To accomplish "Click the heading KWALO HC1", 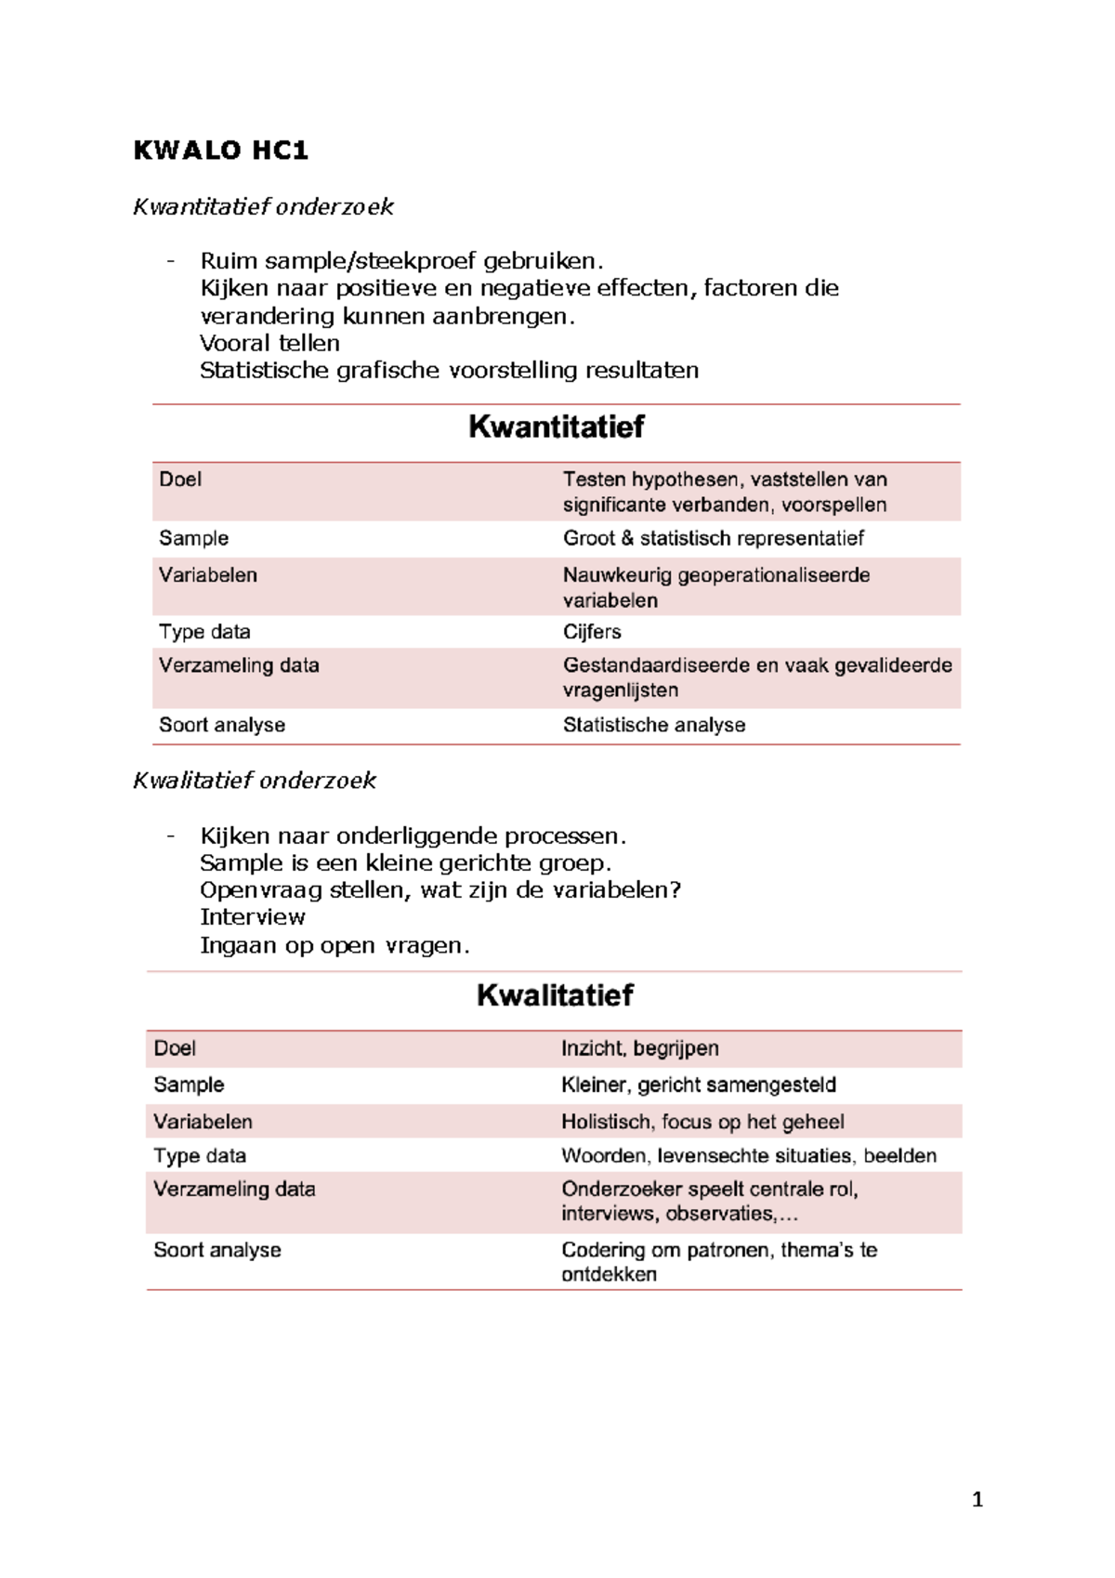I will (x=220, y=151).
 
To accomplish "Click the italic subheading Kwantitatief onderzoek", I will (x=263, y=206).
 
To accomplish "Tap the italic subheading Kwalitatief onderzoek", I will (x=255, y=780).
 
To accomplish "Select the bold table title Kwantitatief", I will (x=556, y=427).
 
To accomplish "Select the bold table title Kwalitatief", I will (x=555, y=995).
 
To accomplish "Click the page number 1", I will (x=977, y=1499).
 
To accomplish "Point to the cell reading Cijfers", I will (x=592, y=632).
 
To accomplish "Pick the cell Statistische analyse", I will (x=653, y=725).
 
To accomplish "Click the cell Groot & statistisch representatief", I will (x=713, y=538).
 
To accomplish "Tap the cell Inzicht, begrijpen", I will (x=639, y=1048).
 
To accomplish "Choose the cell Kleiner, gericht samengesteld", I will (x=698, y=1085).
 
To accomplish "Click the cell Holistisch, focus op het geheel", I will (x=702, y=1122).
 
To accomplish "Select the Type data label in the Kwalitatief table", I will (x=200, y=1156).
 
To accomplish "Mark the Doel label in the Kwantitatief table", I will (x=180, y=480).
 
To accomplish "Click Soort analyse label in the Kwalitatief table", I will (x=216, y=1250).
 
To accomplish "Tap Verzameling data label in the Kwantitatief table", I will (x=239, y=665).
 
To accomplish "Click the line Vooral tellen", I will (x=269, y=343).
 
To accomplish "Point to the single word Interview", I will (x=252, y=917).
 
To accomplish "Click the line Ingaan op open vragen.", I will (x=334, y=945).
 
